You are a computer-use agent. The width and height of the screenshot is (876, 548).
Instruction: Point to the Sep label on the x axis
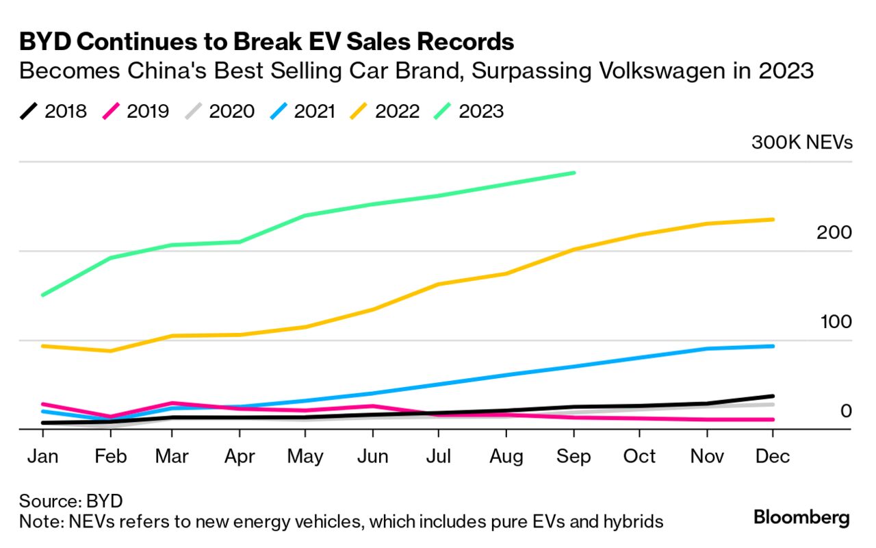tap(574, 456)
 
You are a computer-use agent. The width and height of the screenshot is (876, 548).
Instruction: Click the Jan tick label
tap(42, 456)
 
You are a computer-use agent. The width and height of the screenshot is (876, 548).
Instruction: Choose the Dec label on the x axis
tap(773, 456)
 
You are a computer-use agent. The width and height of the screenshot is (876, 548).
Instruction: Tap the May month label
tap(305, 456)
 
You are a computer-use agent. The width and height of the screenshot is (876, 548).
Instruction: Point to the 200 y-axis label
tap(834, 233)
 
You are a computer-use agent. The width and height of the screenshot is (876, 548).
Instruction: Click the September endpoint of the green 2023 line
tap(574, 173)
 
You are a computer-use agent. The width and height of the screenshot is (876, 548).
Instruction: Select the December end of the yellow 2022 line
tap(773, 219)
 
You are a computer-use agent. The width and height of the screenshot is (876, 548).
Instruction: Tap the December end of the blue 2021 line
tap(773, 346)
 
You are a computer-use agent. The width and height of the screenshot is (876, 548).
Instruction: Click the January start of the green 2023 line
tap(42, 295)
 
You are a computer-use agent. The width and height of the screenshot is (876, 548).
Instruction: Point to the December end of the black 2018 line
tap(773, 396)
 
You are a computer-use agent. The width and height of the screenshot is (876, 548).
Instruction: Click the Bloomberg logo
tap(801, 517)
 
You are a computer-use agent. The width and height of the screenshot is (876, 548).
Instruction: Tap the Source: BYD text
tap(71, 500)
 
